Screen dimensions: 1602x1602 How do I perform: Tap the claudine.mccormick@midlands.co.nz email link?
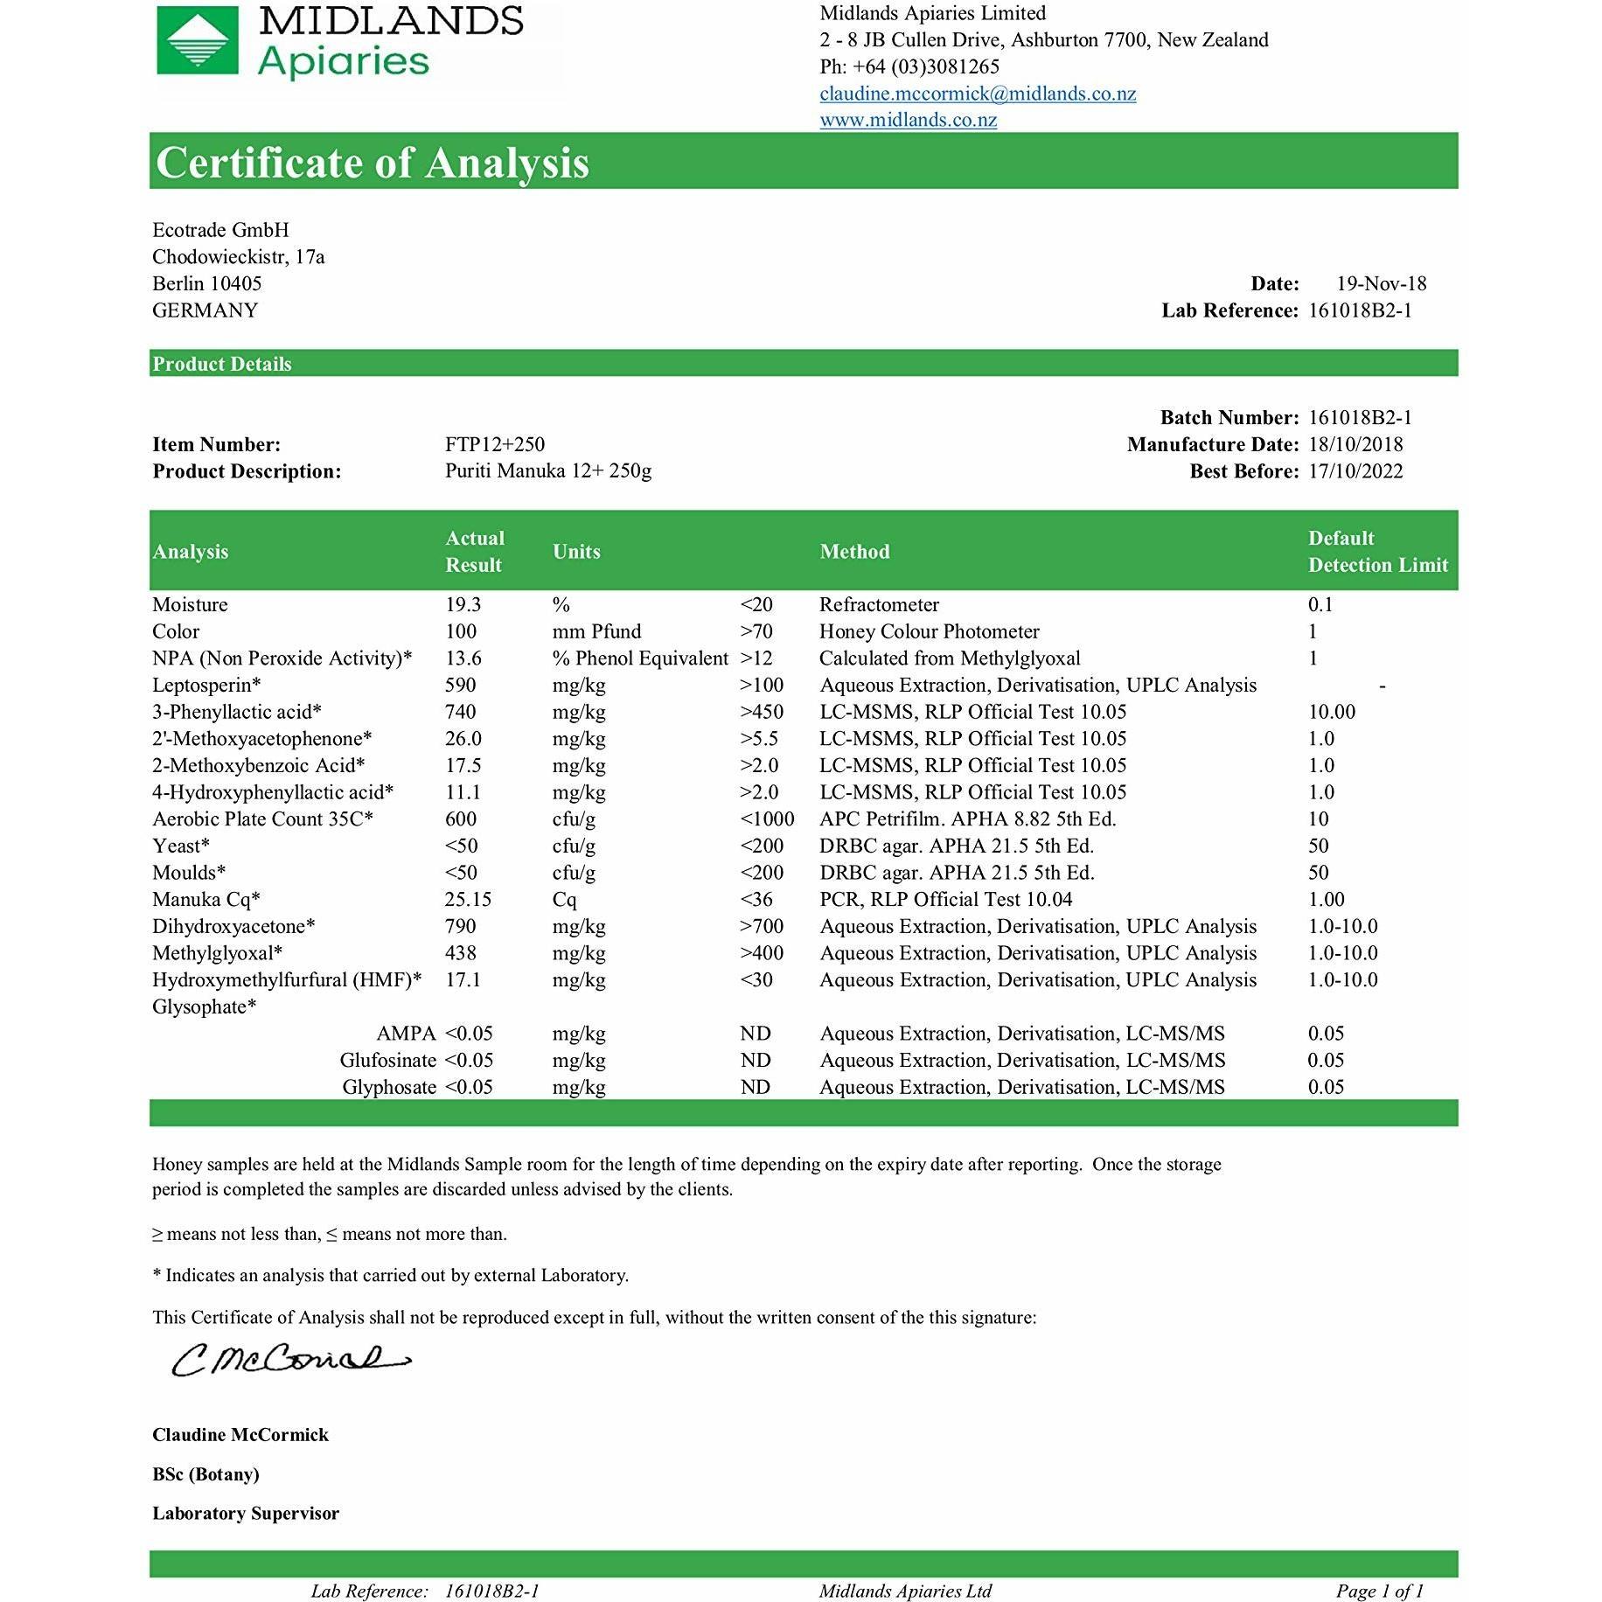pos(978,94)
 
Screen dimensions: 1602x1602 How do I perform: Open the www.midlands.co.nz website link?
pos(908,120)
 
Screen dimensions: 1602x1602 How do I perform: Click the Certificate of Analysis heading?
pos(373,163)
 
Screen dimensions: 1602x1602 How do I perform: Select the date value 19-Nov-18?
pos(1381,283)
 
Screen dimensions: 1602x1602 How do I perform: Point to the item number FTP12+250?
pos(494,444)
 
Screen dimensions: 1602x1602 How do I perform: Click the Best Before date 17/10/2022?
pos(1355,471)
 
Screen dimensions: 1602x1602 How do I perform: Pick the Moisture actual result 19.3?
pos(463,604)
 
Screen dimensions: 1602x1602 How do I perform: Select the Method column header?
pos(854,552)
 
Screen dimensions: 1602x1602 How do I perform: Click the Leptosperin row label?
pos(206,685)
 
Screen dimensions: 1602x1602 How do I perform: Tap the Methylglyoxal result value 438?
pos(460,952)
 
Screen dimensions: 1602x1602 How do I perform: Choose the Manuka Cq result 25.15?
pos(468,899)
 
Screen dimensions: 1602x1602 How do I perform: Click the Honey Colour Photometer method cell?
pos(929,631)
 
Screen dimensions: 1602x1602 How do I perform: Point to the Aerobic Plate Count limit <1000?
pos(767,818)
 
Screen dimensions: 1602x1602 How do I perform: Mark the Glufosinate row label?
pos(387,1060)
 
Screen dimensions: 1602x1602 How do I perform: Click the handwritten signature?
pos(289,1361)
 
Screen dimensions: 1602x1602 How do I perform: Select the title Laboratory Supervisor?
pos(245,1513)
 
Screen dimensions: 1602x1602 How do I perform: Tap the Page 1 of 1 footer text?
pos(1379,1591)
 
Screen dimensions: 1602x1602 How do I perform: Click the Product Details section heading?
pos(222,364)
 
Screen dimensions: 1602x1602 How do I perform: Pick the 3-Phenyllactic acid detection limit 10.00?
pos(1331,712)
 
